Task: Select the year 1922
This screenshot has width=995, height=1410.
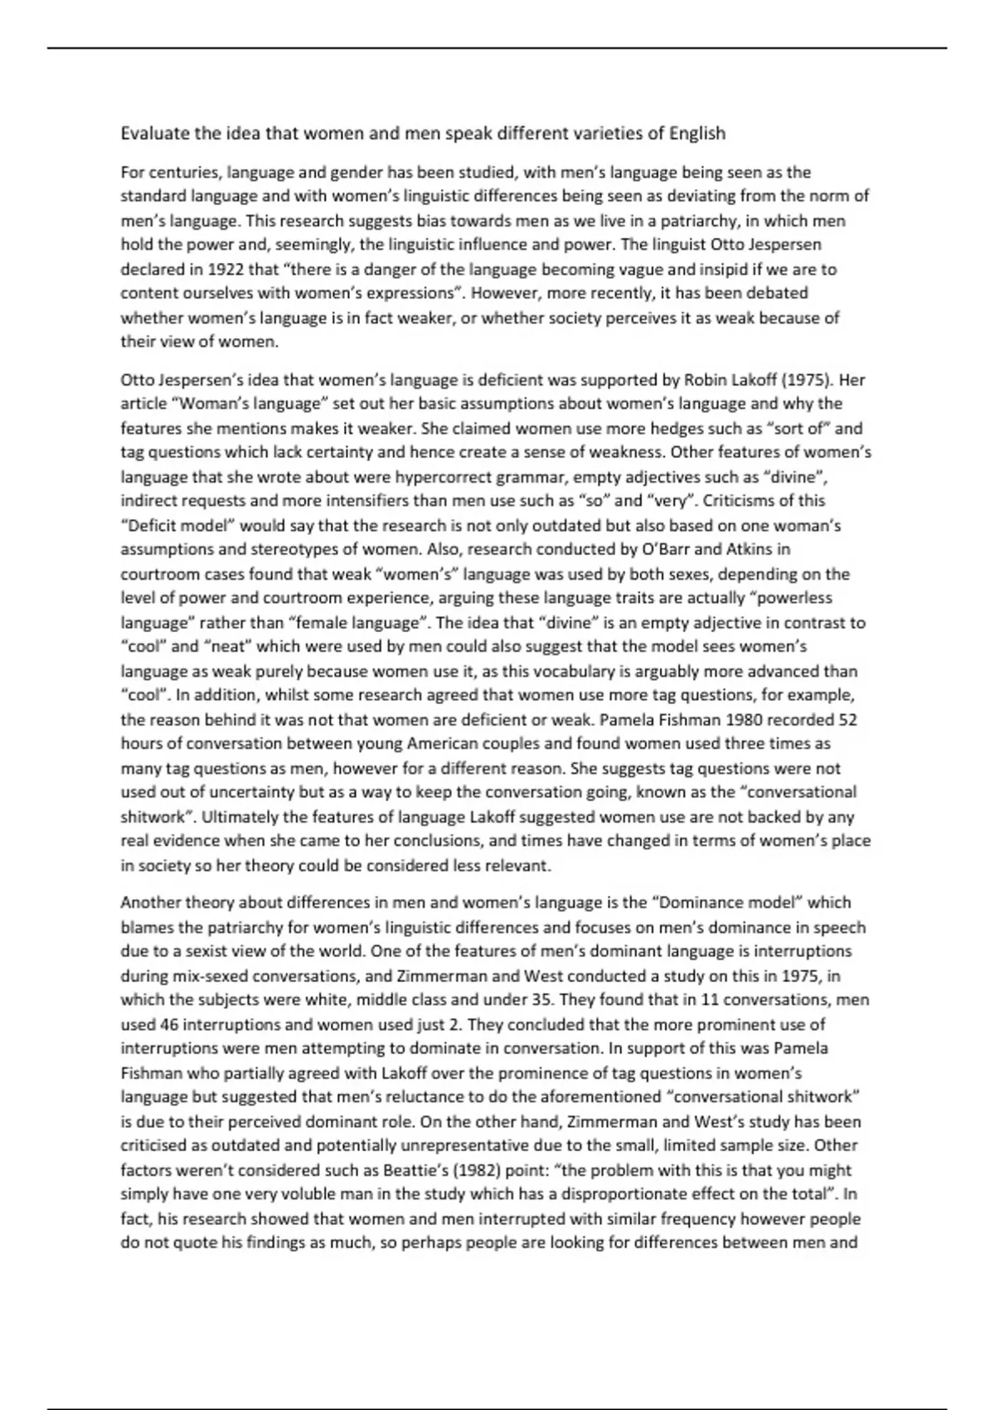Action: [227, 270]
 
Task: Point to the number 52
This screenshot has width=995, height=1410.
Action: [847, 719]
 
